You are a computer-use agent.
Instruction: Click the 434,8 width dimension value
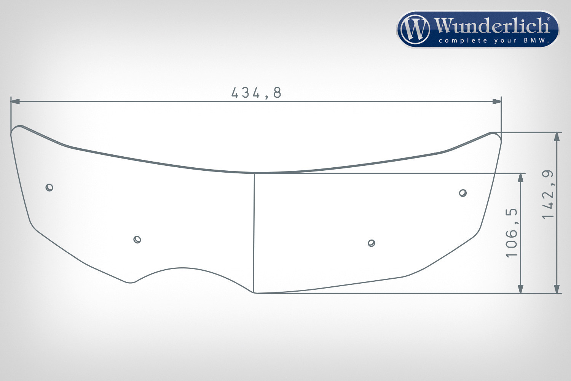point(256,93)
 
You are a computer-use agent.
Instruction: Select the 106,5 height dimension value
point(512,233)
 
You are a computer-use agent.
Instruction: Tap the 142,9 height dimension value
point(548,195)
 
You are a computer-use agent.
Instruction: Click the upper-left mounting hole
point(49,187)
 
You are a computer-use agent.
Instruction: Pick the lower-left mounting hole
point(137,240)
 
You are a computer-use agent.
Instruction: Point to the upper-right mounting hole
point(463,193)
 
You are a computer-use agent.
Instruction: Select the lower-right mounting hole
point(372,243)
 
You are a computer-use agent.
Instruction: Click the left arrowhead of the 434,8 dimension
point(15,102)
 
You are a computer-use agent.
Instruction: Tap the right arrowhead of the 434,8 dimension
point(497,102)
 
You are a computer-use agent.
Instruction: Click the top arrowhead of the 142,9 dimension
point(557,137)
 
